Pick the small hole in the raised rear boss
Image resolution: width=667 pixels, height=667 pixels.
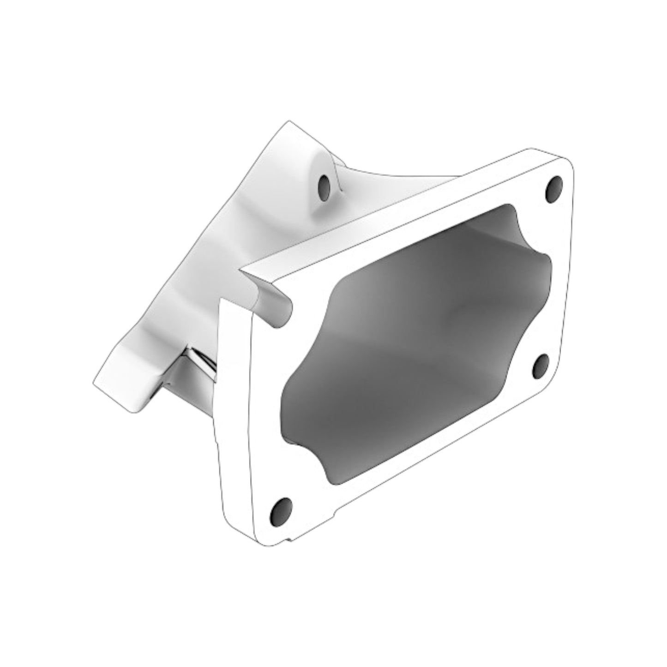[325, 186]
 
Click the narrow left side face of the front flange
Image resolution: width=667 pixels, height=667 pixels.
[235, 415]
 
